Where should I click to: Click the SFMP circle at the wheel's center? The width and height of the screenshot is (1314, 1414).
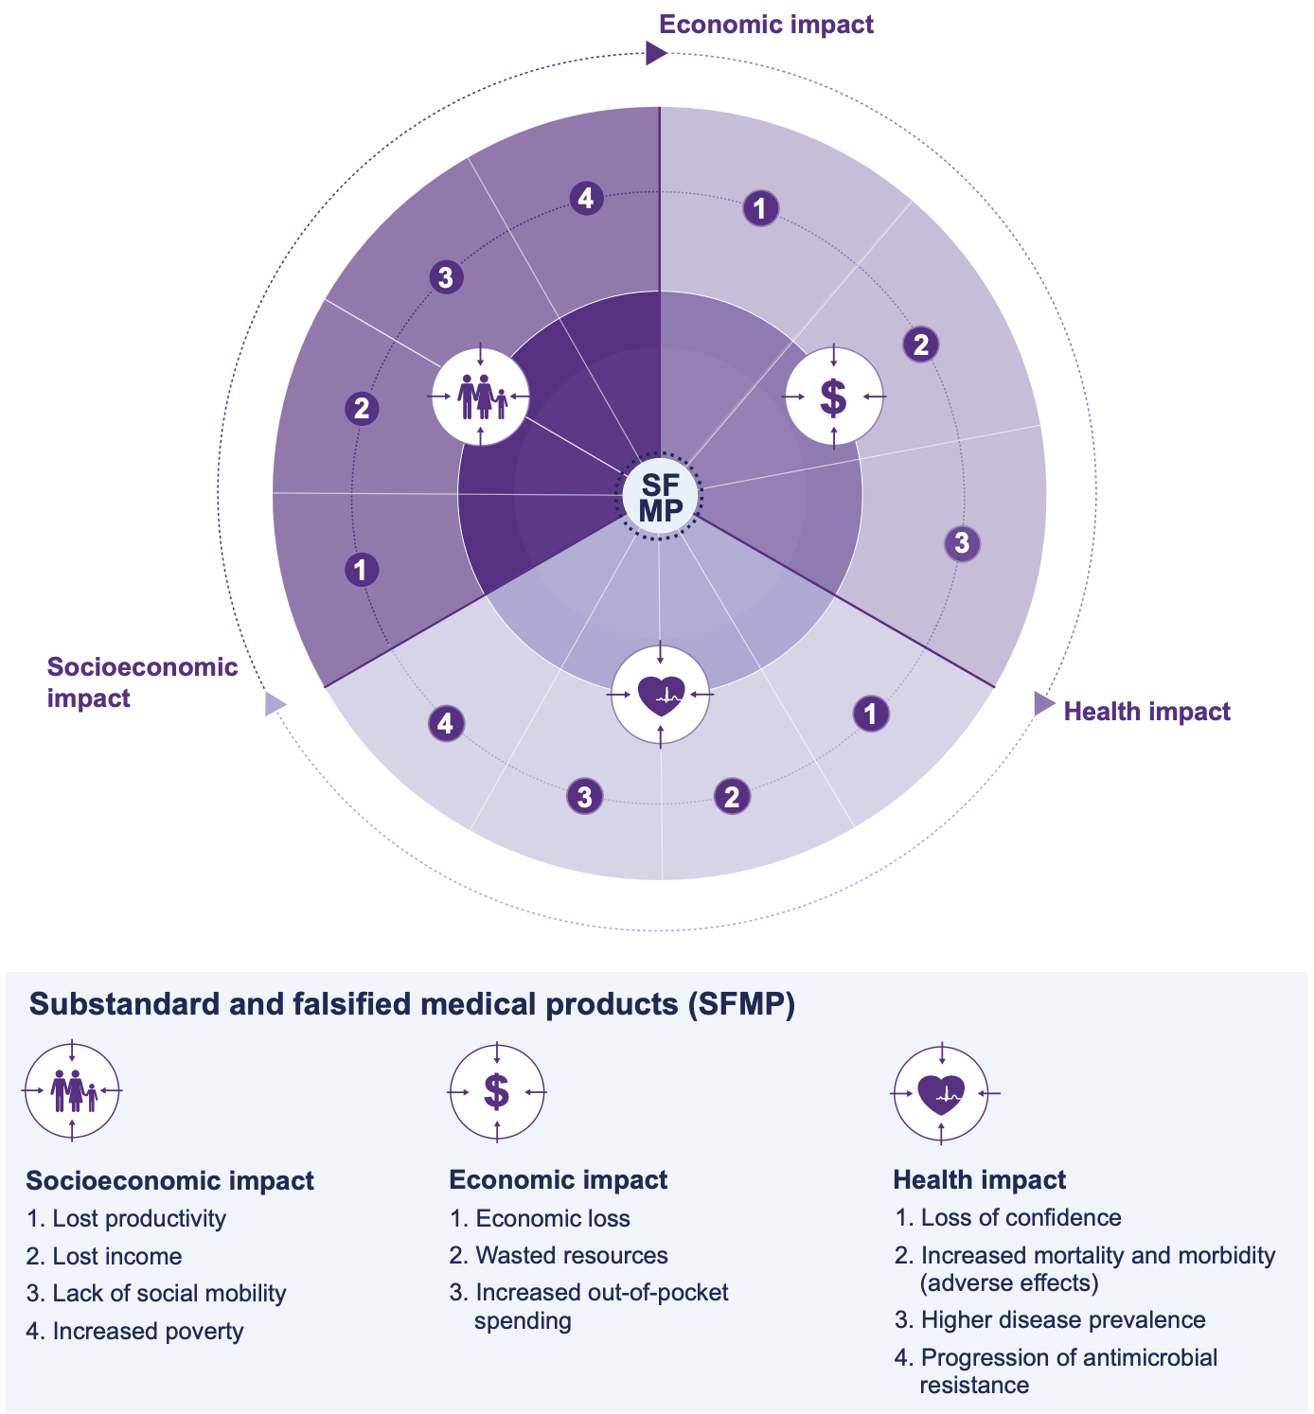tap(660, 496)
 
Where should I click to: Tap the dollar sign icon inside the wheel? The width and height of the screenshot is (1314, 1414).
tap(833, 397)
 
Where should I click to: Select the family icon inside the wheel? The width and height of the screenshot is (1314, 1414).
tap(482, 396)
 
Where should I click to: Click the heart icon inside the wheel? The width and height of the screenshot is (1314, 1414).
tap(661, 696)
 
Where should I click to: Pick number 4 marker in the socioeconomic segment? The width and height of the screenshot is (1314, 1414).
tap(587, 199)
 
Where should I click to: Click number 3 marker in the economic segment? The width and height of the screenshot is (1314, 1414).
tap(962, 543)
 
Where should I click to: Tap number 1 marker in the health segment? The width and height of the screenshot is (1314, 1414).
tap(871, 714)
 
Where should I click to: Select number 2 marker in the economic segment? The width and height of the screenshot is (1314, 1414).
tap(921, 345)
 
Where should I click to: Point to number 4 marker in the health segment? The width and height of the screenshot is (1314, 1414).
tap(446, 724)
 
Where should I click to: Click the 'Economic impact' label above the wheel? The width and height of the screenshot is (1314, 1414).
tap(766, 25)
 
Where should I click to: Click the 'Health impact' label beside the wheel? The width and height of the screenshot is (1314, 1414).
tap(1146, 712)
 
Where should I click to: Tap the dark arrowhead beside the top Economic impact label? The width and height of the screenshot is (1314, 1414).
tap(656, 53)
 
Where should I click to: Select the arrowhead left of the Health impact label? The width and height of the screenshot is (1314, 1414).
tap(1043, 703)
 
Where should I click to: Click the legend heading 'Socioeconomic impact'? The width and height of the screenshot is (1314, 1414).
tap(170, 1181)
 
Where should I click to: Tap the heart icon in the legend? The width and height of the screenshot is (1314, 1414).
tap(941, 1093)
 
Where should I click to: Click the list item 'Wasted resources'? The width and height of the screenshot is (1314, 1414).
tap(571, 1256)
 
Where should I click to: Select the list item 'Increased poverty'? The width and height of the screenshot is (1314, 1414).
tap(148, 1332)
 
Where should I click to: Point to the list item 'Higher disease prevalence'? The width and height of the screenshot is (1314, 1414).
tap(1062, 1320)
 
